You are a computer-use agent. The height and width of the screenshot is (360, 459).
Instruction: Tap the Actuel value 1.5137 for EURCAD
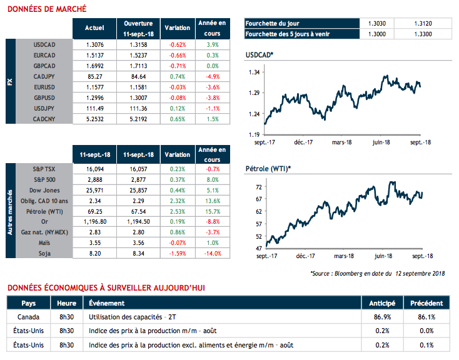pyautogui.click(x=94, y=55)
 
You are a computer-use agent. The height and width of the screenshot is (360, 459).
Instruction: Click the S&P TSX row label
pyautogui.click(x=45, y=169)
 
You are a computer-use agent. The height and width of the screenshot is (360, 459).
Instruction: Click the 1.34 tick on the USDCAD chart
pyautogui.click(x=254, y=73)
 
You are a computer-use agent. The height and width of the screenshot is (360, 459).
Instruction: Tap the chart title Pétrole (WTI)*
pyautogui.click(x=268, y=169)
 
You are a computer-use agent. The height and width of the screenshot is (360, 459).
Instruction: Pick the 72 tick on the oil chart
pyautogui.click(x=256, y=187)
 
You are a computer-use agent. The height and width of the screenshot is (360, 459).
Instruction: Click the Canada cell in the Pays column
pyautogui.click(x=29, y=317)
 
